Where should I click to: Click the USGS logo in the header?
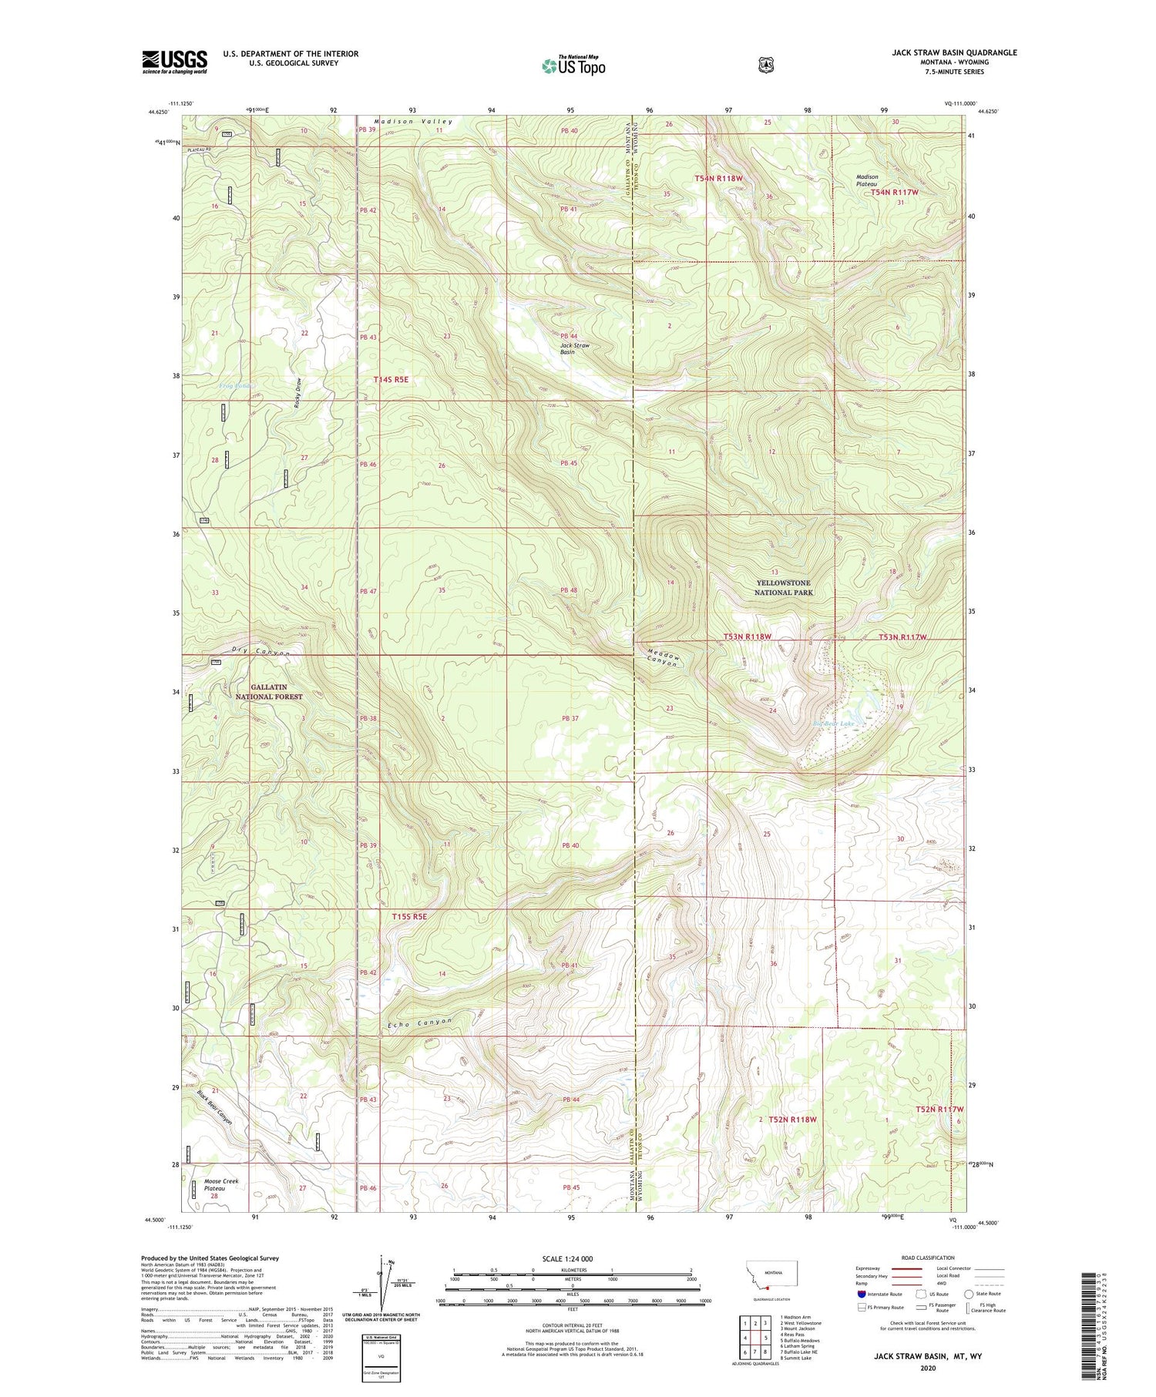coord(174,62)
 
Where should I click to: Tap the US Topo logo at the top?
coord(573,65)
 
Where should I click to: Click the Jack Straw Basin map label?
coord(575,348)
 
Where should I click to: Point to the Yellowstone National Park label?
coord(784,588)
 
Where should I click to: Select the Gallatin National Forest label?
coord(269,692)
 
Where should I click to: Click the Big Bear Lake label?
coord(835,724)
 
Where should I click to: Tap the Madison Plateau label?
coord(867,180)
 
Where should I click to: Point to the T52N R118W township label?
coord(792,1120)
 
